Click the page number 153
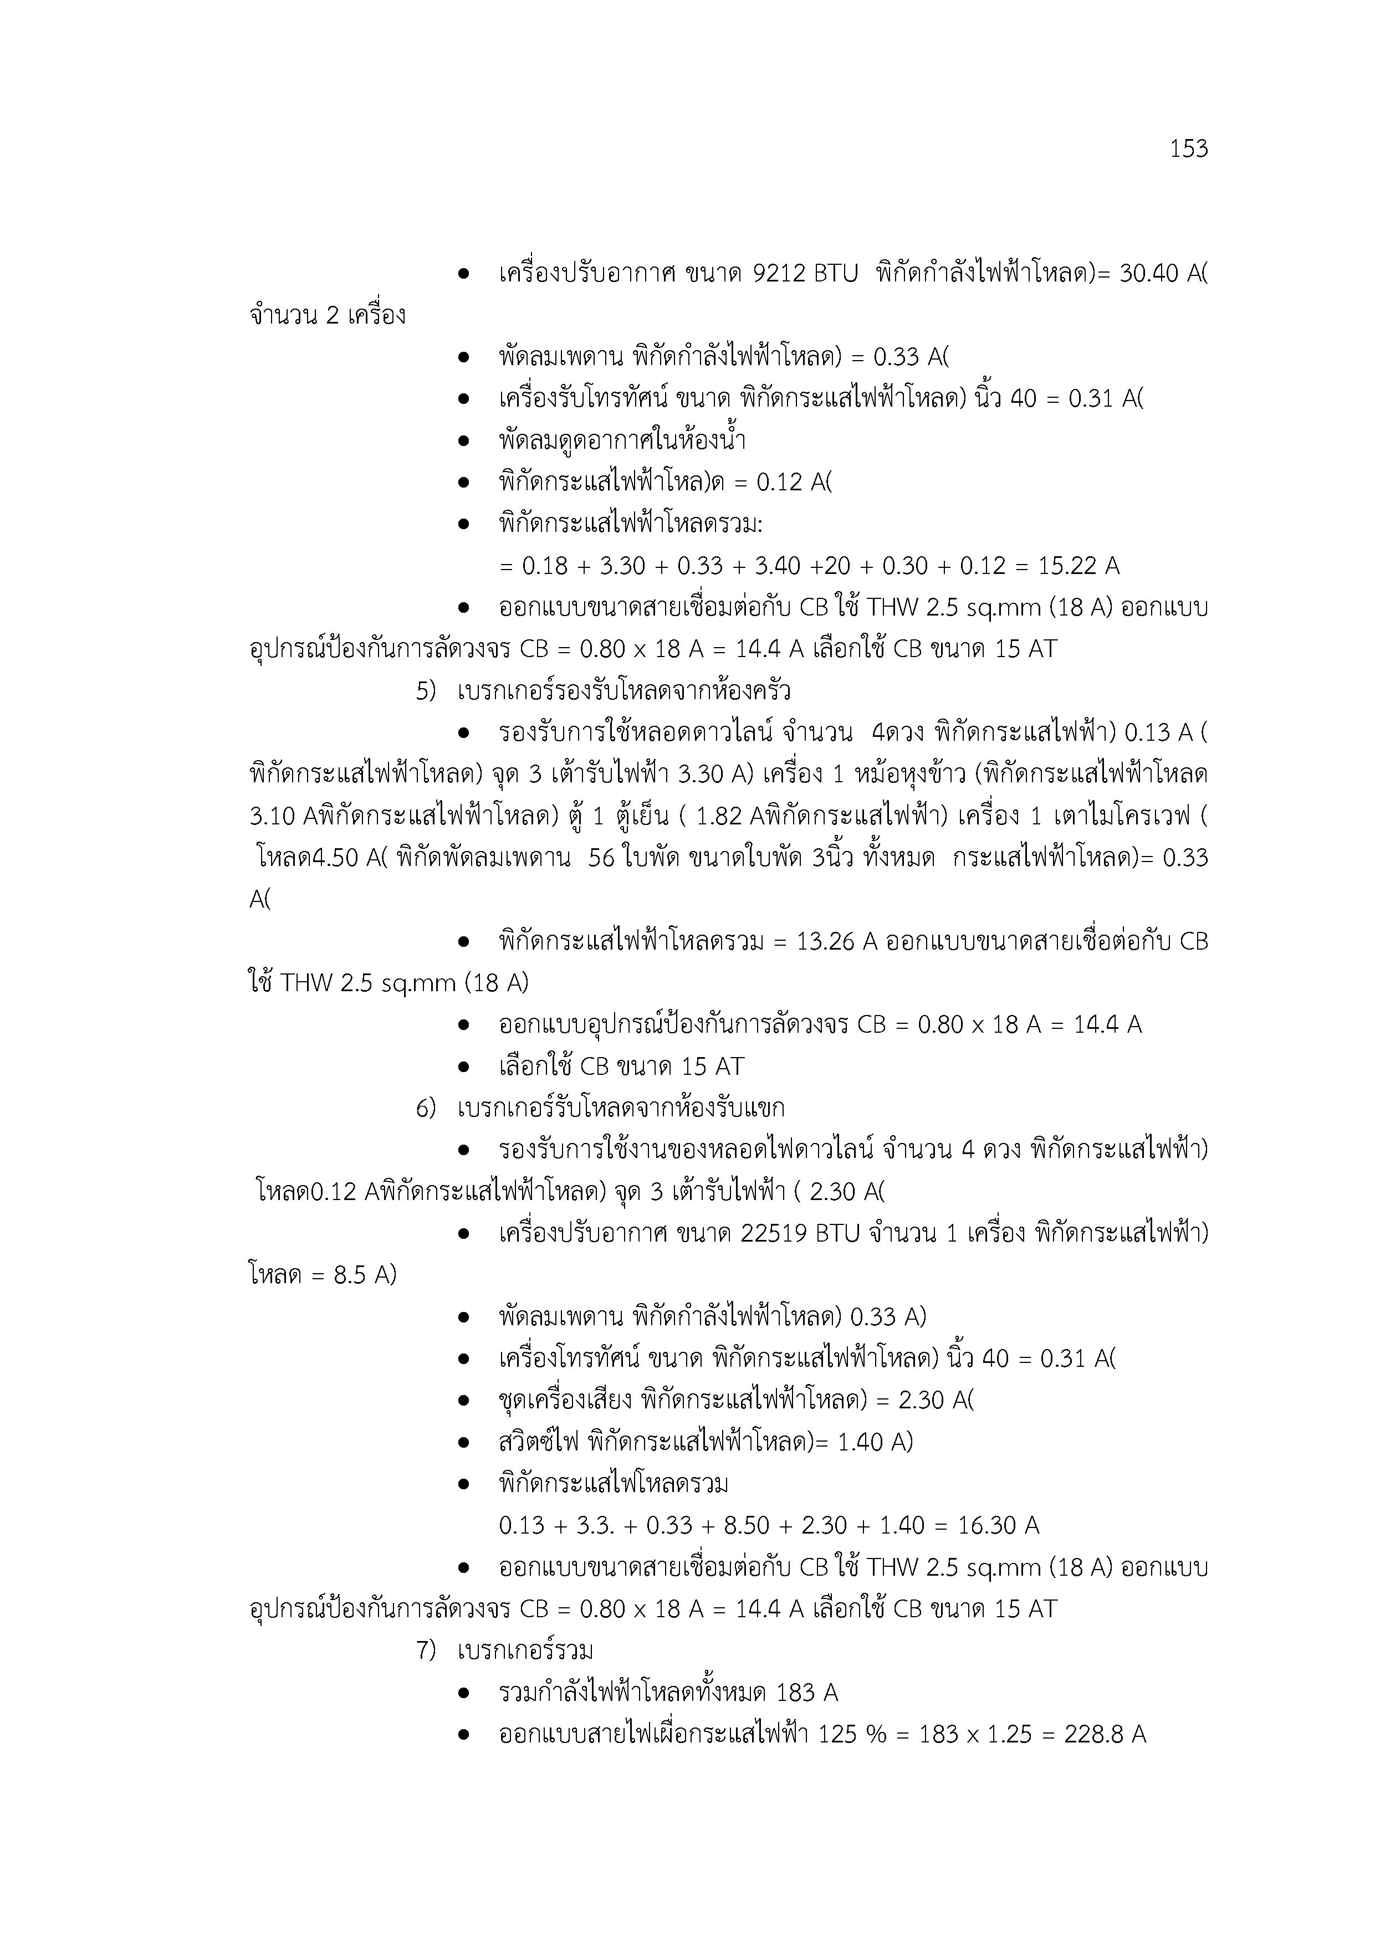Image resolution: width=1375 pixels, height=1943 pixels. [x=1189, y=149]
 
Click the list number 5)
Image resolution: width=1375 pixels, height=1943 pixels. [x=426, y=691]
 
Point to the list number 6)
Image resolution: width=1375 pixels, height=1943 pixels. [x=426, y=1108]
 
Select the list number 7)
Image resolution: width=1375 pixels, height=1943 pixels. [x=426, y=1650]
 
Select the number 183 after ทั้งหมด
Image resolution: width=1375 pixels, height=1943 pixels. [x=795, y=1693]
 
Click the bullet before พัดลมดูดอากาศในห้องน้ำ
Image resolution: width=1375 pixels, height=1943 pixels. [x=463, y=441]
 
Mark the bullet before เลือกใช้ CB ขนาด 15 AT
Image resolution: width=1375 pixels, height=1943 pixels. [x=463, y=1067]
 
